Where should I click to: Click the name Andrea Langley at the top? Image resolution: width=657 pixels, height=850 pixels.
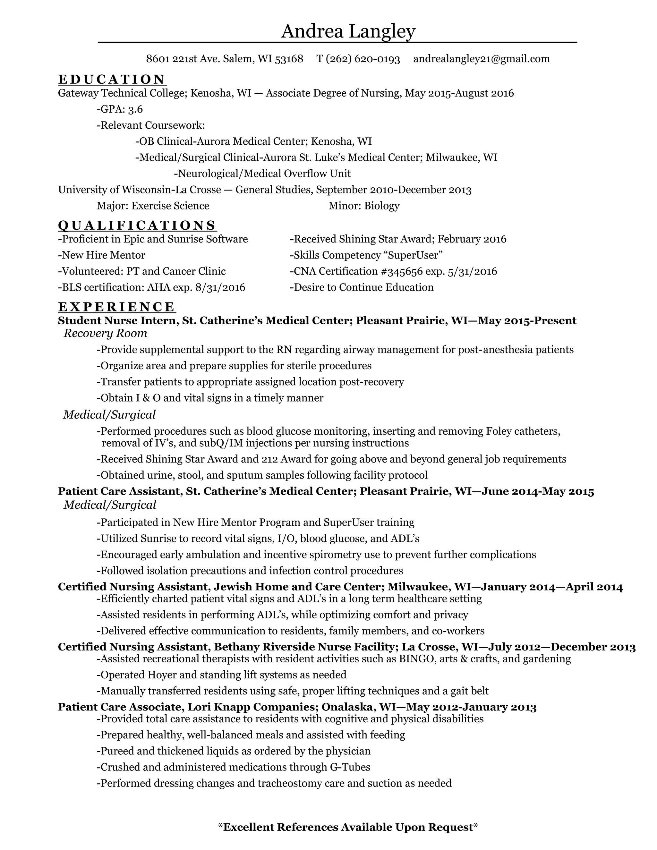[348, 31]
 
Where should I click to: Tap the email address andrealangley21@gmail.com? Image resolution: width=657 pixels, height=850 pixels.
[482, 59]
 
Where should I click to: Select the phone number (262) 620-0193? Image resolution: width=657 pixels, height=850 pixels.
[363, 59]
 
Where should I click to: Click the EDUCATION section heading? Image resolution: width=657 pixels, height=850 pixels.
[112, 80]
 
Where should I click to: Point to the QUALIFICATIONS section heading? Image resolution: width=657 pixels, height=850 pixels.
[137, 225]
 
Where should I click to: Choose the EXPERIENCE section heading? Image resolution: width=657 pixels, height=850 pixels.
[116, 307]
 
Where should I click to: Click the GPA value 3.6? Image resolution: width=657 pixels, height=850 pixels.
[135, 109]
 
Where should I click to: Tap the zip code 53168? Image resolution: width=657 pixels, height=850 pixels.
[289, 59]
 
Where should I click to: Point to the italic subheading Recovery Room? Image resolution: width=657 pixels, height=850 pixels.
[106, 333]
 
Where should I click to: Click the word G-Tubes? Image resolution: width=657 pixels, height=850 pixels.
[350, 767]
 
